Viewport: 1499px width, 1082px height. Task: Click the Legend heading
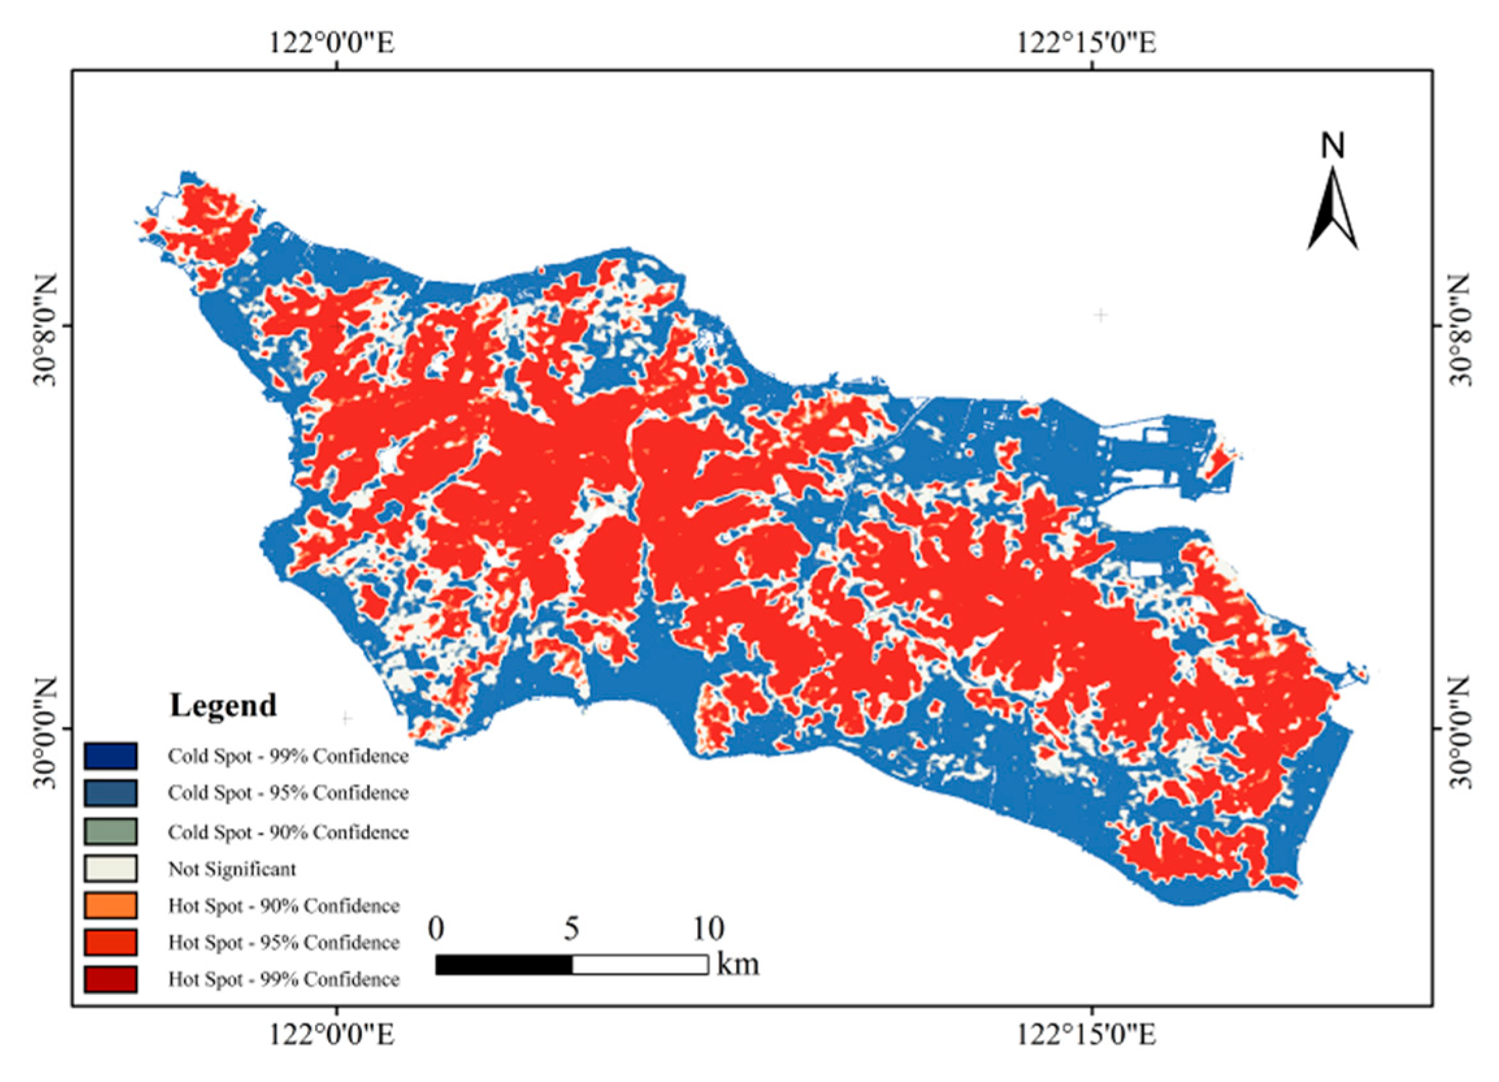coord(223,705)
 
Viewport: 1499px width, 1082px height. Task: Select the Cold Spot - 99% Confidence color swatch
coord(110,756)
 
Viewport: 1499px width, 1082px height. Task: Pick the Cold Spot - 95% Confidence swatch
coord(110,793)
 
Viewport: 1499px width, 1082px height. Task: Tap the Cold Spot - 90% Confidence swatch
coord(110,831)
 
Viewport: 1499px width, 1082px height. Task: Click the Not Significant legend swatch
coord(110,868)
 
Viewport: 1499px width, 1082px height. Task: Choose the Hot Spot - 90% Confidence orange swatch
coord(110,905)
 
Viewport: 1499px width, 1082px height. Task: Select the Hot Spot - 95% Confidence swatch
coord(110,942)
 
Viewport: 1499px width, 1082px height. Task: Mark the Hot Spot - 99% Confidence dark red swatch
coord(110,979)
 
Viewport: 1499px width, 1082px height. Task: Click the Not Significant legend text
coord(232,868)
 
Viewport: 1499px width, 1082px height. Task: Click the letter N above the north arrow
coord(1333,146)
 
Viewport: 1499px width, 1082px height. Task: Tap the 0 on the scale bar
coord(435,929)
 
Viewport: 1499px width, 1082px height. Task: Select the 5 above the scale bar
coord(572,929)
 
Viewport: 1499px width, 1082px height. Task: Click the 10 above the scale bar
coord(708,929)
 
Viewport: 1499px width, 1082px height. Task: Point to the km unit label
coord(738,964)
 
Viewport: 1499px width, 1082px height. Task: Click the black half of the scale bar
coord(504,964)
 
